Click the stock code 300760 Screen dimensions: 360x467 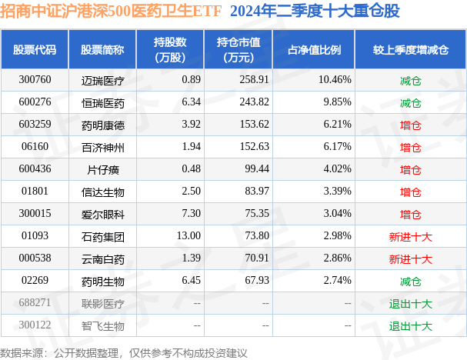35,79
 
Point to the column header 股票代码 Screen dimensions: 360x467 35,49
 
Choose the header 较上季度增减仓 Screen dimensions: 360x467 411,49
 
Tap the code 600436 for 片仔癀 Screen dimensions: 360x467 35,169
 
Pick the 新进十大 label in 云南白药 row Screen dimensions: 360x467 411,259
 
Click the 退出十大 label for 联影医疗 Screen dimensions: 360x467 411,304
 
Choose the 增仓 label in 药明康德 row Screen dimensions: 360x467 411,125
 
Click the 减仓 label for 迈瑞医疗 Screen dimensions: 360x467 411,79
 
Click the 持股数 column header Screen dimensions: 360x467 170,49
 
